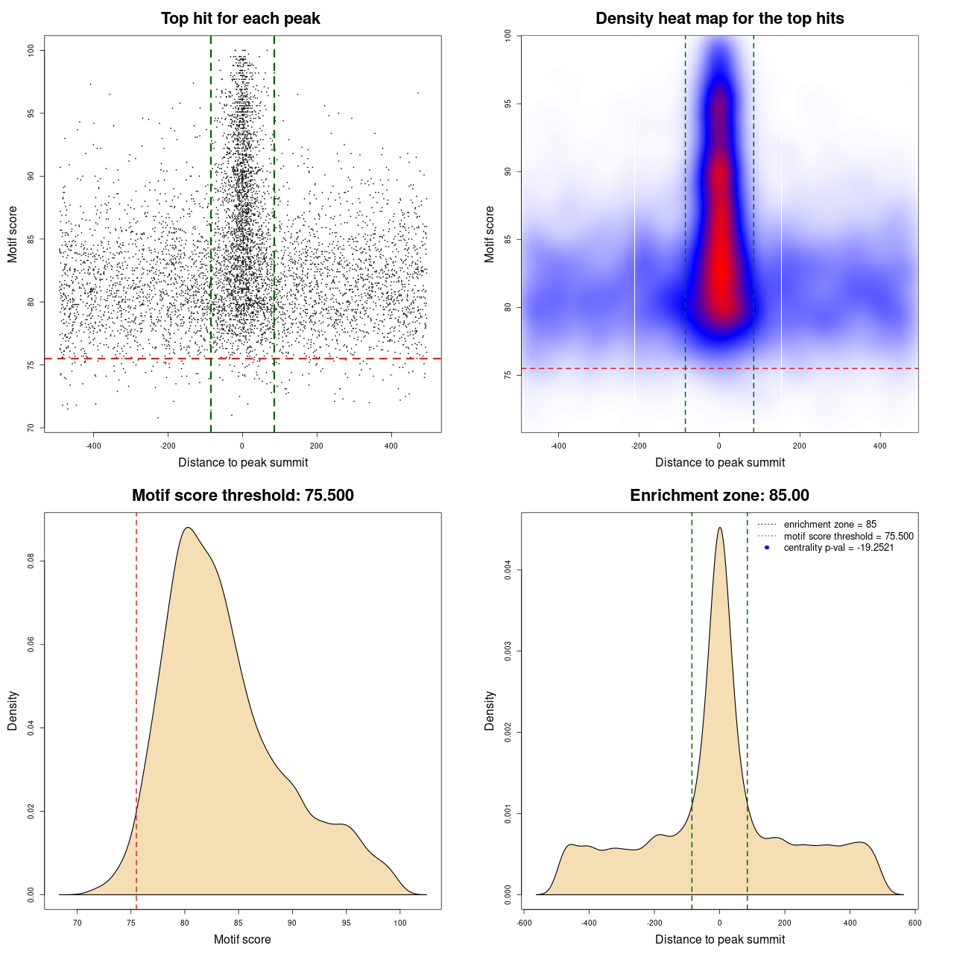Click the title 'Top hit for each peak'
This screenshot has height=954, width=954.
pos(241,19)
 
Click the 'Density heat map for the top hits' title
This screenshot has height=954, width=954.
pos(719,19)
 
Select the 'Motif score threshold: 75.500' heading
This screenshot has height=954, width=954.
pos(242,496)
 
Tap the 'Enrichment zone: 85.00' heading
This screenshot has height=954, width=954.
pos(719,496)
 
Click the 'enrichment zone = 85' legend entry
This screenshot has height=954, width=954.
pos(830,525)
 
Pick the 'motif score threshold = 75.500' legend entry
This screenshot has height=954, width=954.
pos(848,537)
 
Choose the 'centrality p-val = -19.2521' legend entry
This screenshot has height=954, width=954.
pos(838,548)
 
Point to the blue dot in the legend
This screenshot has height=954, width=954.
pos(767,548)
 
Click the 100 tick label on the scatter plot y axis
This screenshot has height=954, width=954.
pos(31,50)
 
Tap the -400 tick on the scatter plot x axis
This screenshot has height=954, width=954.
pos(93,446)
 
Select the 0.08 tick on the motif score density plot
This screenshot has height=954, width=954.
pos(31,560)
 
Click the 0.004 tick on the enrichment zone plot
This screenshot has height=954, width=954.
pos(508,570)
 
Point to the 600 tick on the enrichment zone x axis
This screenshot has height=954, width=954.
pos(915,923)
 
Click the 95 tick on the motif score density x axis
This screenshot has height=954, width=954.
pos(346,923)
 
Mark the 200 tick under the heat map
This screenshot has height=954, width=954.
pos(800,446)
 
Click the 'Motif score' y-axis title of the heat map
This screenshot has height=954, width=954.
pos(490,234)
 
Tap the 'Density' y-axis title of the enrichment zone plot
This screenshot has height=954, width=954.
pos(490,710)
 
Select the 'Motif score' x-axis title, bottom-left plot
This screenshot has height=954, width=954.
pos(242,940)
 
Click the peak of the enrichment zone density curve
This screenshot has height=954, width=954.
pos(719,528)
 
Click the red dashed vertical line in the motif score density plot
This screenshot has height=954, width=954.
pos(136,708)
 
